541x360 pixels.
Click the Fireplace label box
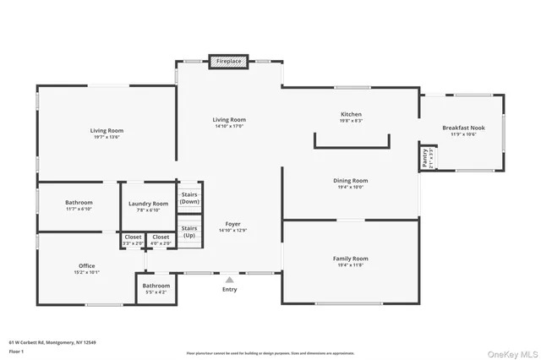[x=229, y=62]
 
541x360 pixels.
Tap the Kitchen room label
[x=351, y=114]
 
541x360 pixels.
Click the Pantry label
[x=427, y=158]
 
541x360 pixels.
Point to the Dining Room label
[x=351, y=180]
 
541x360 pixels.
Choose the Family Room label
[x=351, y=258]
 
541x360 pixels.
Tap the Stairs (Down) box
[x=189, y=198]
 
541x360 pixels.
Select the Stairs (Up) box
[x=189, y=231]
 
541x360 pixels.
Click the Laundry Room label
[x=148, y=204]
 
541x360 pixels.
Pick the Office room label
[x=86, y=266]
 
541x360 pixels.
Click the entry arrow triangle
[x=229, y=278]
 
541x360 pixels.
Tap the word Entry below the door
[x=229, y=289]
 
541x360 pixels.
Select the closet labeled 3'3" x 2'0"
[x=133, y=240]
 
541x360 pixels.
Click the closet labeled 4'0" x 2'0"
[x=160, y=240]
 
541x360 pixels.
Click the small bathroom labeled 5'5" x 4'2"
[x=156, y=290]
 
